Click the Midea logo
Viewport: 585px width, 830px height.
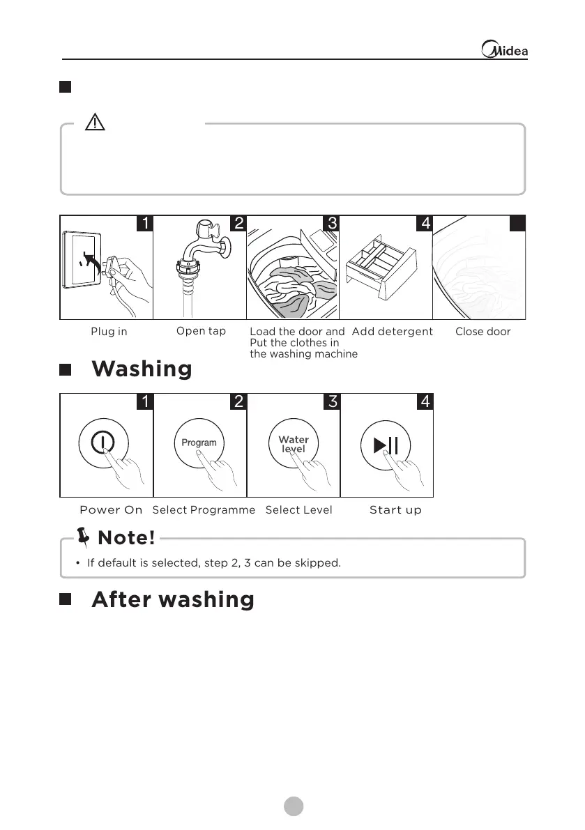[x=506, y=50]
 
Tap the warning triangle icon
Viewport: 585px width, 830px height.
[x=94, y=123]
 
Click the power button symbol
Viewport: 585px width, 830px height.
[x=102, y=442]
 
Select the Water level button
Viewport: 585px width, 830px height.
[x=294, y=443]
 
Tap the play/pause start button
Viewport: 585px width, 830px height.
[x=386, y=445]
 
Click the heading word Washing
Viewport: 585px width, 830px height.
[x=142, y=369]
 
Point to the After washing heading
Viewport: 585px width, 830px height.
[x=172, y=599]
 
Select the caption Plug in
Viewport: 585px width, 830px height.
[x=109, y=332]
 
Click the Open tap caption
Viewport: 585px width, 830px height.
[x=201, y=331]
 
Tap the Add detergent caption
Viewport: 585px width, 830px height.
[x=393, y=332]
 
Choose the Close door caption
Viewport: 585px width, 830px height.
[x=483, y=332]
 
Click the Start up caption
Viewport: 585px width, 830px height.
[x=395, y=510]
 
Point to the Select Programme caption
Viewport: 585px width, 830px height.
[x=204, y=510]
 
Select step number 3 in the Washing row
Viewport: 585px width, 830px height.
[x=333, y=401]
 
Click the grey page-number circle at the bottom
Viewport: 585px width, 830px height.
[x=294, y=806]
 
